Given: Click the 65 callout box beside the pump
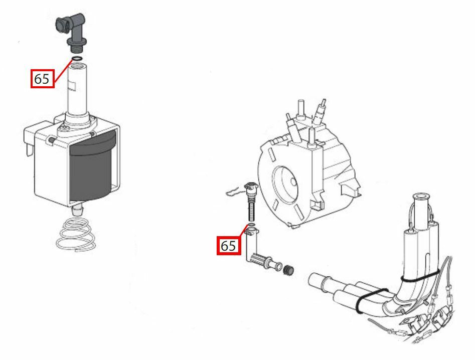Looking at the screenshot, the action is [43, 79].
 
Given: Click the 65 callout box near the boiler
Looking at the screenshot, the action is [229, 245].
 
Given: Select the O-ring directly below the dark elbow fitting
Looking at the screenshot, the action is [77, 59].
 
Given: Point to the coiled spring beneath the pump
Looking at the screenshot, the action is [77, 235].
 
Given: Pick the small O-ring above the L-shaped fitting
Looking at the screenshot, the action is [251, 225].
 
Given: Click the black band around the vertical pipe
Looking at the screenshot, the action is [419, 277].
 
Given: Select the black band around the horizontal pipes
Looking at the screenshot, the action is [371, 300].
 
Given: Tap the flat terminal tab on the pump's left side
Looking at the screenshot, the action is [29, 150].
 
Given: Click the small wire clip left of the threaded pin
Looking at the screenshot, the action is [234, 191].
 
